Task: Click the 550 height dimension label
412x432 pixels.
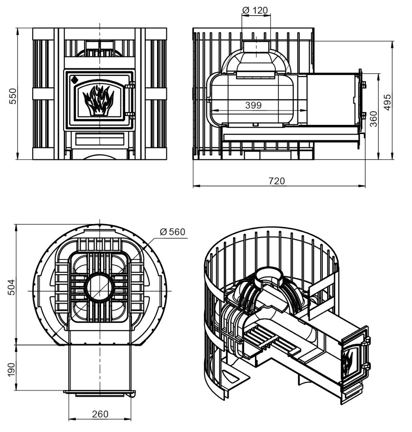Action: pyautogui.click(x=13, y=96)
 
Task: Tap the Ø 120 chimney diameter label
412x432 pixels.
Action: pyautogui.click(x=255, y=10)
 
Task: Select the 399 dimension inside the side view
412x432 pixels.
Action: pyautogui.click(x=253, y=105)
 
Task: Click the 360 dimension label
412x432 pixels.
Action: pyautogui.click(x=374, y=119)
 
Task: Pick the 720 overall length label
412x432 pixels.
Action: pyautogui.click(x=277, y=181)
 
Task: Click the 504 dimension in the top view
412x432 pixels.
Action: pyautogui.click(x=11, y=287)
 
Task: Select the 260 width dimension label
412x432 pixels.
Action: pyautogui.click(x=100, y=414)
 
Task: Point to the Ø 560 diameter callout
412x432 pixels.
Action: pyautogui.click(x=173, y=232)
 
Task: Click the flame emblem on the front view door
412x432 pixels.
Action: pyautogui.click(x=98, y=100)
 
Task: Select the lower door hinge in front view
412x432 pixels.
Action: pyautogui.click(x=130, y=115)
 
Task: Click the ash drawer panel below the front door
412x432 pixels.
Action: pyautogui.click(x=100, y=139)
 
